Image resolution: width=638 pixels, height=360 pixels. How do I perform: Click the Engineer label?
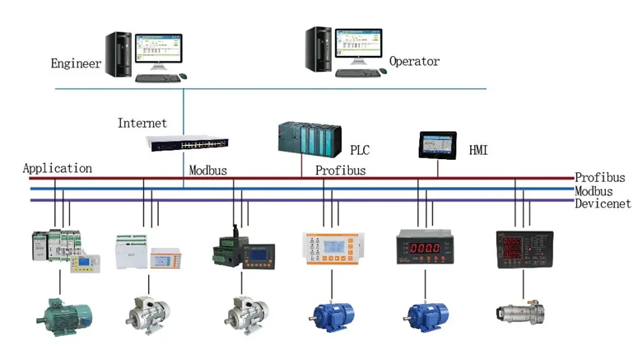click(x=76, y=63)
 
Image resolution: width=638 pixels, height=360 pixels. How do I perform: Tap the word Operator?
click(x=414, y=61)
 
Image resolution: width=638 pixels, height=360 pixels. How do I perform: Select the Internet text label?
click(x=142, y=124)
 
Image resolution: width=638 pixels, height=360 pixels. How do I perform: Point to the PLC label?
click(x=360, y=150)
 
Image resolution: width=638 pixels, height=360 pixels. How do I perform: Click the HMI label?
click(x=478, y=150)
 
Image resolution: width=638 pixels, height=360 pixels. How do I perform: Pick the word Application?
click(x=58, y=168)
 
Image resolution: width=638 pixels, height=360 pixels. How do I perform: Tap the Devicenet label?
click(x=602, y=203)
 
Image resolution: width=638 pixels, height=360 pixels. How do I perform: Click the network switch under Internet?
click(x=188, y=143)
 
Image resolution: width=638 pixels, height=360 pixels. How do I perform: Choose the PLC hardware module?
click(x=310, y=138)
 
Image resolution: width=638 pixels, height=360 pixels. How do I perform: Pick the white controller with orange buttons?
click(x=333, y=248)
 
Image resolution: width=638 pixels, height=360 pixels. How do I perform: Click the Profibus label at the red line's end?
click(x=599, y=178)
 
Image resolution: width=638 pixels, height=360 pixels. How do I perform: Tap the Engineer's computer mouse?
click(x=183, y=76)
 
